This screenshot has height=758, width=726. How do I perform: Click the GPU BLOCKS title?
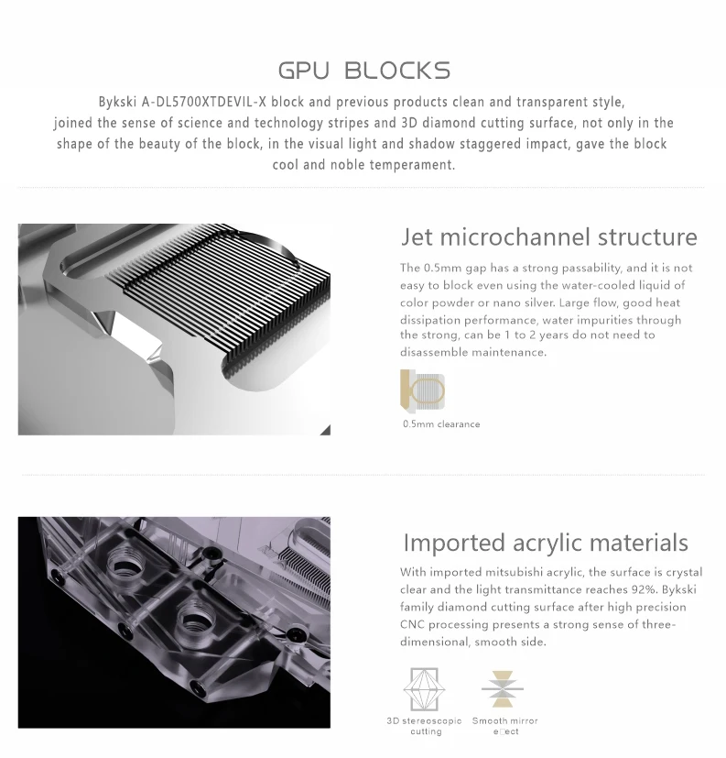364,71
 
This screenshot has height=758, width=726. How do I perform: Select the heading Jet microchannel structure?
548,236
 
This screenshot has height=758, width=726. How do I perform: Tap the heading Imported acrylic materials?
546,543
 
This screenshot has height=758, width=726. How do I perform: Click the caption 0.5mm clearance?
441,424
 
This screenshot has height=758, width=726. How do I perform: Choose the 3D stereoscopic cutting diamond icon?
424,689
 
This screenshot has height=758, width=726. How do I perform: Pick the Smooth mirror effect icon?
503,689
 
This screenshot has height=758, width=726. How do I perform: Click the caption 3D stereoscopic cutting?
424,726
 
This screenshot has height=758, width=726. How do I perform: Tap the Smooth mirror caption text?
505,720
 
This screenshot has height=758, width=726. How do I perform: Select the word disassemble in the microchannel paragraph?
433,352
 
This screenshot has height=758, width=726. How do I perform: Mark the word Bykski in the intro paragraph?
118,102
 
